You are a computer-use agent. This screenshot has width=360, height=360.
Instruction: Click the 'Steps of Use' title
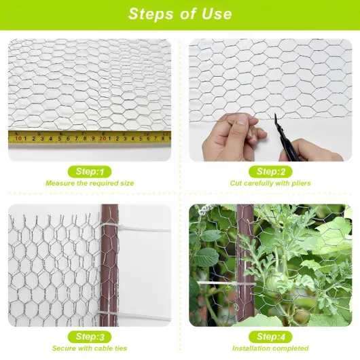(x=180, y=14)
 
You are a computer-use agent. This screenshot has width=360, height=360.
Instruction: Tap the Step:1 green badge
(x=90, y=172)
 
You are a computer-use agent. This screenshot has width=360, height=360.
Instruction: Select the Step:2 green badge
(x=270, y=172)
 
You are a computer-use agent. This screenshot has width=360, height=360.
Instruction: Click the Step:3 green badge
(x=90, y=337)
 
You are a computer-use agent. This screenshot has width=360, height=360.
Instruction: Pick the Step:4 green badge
(x=270, y=337)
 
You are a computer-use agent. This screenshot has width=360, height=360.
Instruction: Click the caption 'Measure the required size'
(x=90, y=183)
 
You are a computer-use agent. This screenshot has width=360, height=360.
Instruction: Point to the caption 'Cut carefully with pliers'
(x=270, y=183)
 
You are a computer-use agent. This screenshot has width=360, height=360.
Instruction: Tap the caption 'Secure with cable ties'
(x=90, y=348)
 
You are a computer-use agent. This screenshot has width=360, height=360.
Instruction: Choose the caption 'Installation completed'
(x=270, y=348)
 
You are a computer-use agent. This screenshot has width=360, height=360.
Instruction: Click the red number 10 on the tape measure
(x=18, y=139)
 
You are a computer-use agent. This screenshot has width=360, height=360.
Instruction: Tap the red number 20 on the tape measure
(x=103, y=139)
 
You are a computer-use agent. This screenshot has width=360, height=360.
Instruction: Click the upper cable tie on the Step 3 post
(x=135, y=228)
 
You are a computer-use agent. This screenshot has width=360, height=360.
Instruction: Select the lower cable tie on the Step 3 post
(x=134, y=315)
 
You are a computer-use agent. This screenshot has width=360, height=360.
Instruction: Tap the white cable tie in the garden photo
(x=226, y=283)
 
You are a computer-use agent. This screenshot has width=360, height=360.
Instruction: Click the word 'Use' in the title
(x=217, y=14)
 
